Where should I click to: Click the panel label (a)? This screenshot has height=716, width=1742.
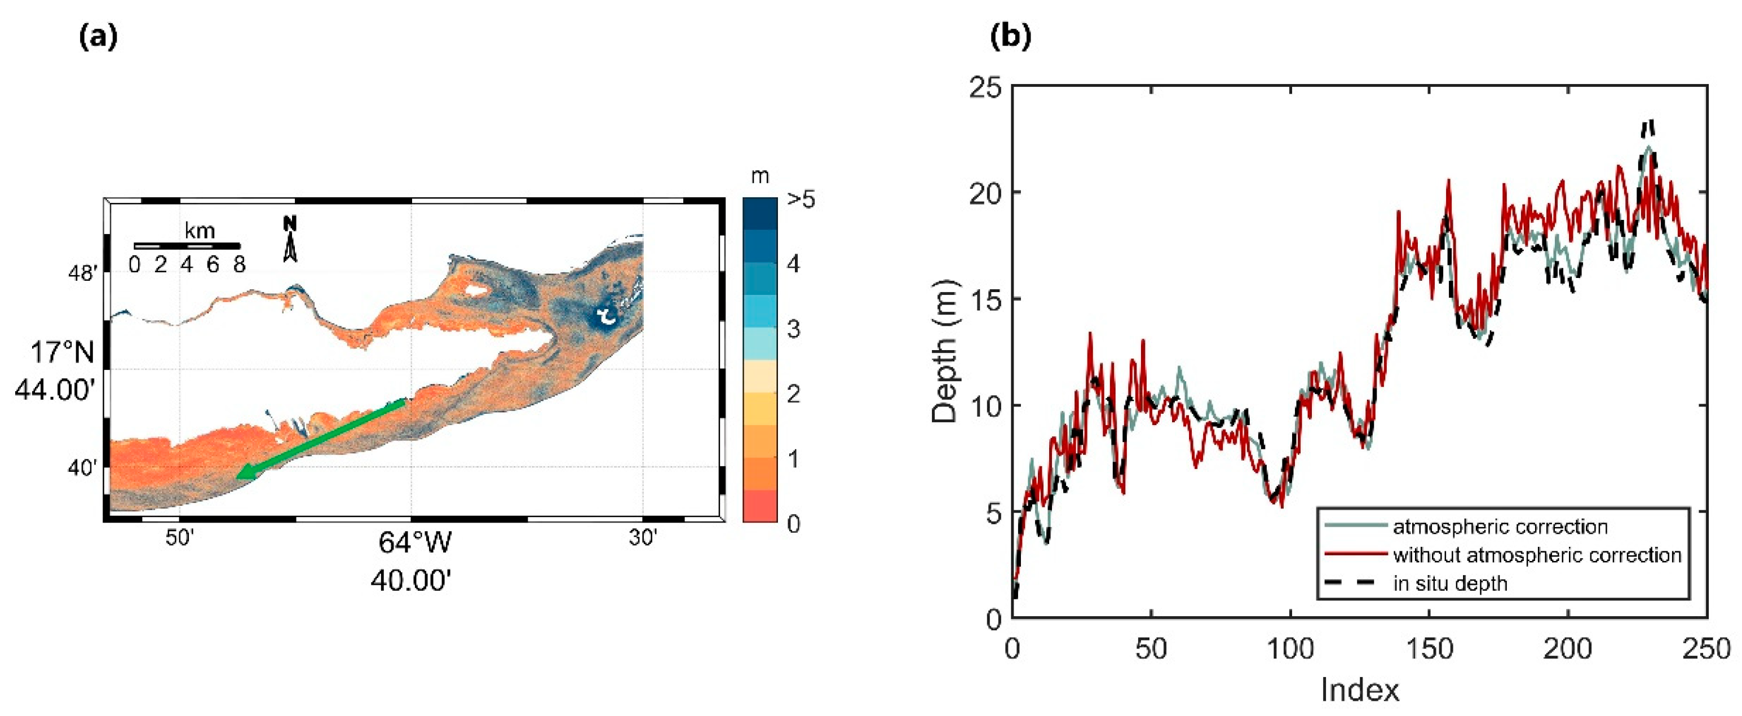point(99,38)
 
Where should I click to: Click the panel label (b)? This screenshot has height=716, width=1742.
point(1010,38)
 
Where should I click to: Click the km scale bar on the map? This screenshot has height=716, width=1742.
point(187,245)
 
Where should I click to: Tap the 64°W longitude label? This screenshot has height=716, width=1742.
point(414,543)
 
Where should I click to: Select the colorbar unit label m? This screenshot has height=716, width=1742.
point(760,176)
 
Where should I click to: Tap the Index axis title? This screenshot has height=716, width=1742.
point(1359,690)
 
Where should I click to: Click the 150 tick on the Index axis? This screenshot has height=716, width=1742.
point(1429,649)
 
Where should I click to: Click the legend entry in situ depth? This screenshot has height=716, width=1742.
point(1450,584)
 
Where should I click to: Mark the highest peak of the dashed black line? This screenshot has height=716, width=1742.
point(1644,123)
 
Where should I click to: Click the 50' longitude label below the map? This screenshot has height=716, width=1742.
point(180,538)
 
